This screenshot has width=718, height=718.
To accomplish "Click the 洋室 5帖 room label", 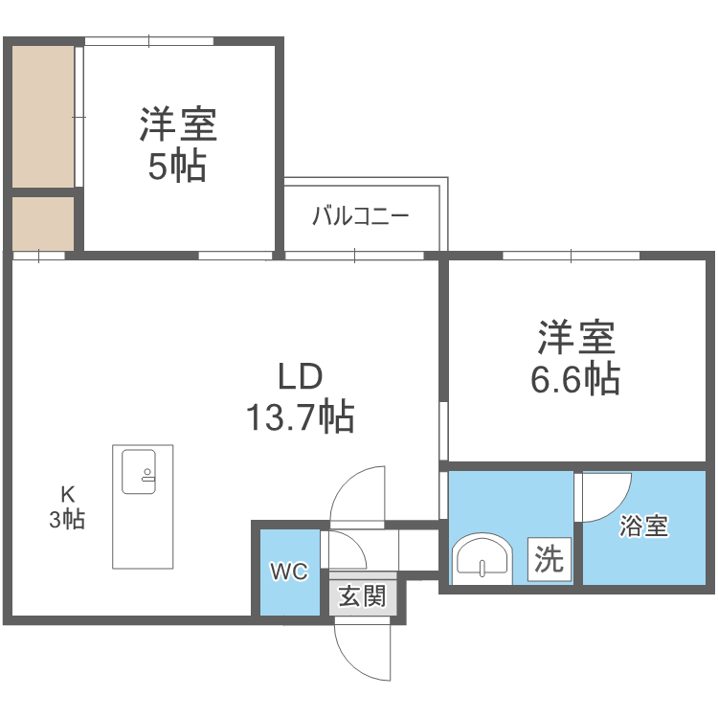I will coord(178,145).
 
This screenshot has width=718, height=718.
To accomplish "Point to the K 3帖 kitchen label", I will coord(68,508).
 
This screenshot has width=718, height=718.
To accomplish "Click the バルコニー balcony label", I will coord(361,215).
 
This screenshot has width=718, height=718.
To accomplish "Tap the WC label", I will coord(288,572).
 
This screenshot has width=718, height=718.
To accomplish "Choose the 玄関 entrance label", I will coord(362,596).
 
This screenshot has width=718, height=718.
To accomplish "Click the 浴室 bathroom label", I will coord(643,526).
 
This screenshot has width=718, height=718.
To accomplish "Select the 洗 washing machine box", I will coord(550,559).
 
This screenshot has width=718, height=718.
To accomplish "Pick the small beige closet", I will coord(42,222).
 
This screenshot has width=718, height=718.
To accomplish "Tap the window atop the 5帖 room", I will coord(148,40).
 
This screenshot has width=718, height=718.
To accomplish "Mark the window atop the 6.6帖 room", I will coord(572,256).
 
